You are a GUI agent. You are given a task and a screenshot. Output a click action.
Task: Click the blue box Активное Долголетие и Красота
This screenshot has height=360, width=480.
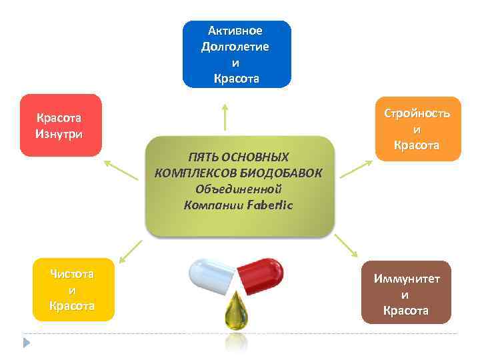(237, 54)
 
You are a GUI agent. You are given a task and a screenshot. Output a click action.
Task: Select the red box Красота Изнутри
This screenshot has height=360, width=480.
(61, 125)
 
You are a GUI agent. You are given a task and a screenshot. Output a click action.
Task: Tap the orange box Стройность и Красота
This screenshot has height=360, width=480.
(417, 129)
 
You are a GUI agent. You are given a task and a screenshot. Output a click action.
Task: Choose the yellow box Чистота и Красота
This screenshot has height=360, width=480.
(73, 290)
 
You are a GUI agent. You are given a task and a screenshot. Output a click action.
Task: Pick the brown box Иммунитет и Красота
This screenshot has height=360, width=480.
(406, 293)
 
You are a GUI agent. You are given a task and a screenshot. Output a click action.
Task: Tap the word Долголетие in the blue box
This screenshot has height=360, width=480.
(235, 47)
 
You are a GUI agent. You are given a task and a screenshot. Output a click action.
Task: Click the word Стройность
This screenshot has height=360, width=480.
(417, 113)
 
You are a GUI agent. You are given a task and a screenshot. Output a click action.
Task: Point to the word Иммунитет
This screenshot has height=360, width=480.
(406, 278)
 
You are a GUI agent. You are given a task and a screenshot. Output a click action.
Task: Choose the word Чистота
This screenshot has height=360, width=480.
(72, 274)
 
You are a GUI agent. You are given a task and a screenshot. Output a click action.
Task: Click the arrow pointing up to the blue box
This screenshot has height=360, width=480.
(225, 116)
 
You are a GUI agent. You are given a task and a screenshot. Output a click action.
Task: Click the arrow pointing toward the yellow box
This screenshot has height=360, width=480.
(131, 250)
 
